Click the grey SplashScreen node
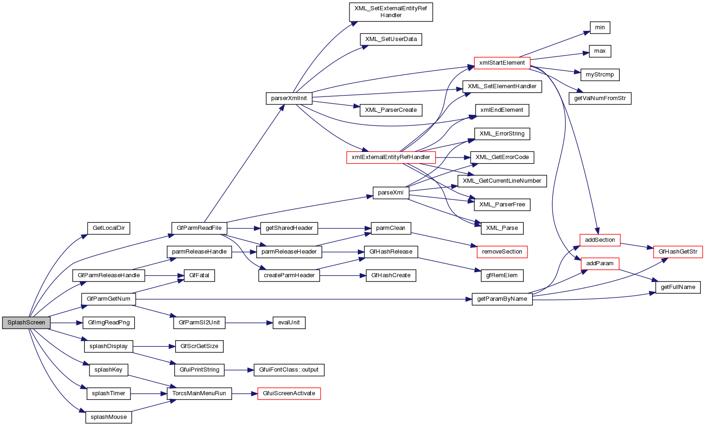(26, 323)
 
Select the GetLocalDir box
(109, 228)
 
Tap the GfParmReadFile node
(199, 228)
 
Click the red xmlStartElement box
(502, 63)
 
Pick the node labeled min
(600, 27)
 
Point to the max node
(600, 51)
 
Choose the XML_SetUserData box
(391, 39)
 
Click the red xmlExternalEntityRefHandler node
(391, 157)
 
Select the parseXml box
(391, 192)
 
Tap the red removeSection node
(502, 252)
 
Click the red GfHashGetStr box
(678, 252)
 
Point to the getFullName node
(678, 287)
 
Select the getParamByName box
(502, 299)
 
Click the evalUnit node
(289, 323)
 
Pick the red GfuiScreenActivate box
(289, 393)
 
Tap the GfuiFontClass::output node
(289, 370)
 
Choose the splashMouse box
(109, 417)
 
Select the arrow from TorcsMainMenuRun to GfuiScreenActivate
(244, 393)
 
